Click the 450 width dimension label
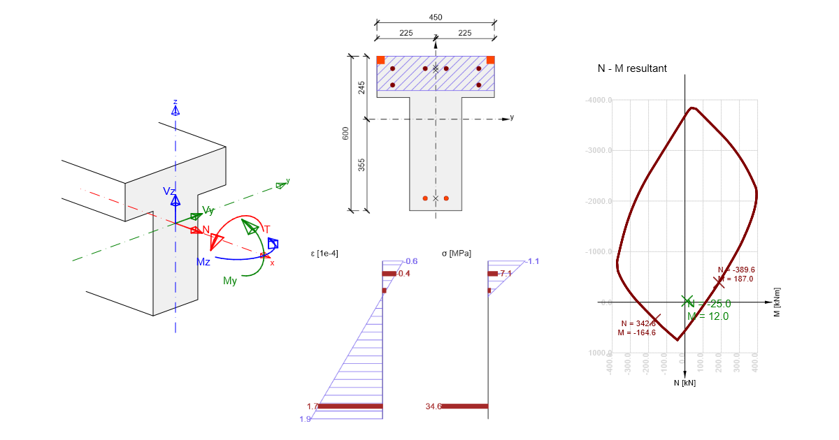pos(435,17)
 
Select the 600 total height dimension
pos(345,133)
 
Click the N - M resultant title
pos(632,68)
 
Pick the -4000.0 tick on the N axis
pos(598,100)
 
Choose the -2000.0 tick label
pos(598,201)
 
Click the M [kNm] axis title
pos(777,302)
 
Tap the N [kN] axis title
pos(684,383)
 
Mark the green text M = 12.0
pos(708,316)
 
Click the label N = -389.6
pos(736,270)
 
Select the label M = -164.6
pos(637,332)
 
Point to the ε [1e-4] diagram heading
pos(324,254)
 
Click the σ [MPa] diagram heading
pos(457,254)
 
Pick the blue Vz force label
pos(170,191)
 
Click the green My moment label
pos(230,281)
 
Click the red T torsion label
pos(266,229)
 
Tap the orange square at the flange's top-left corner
pos(381,60)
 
